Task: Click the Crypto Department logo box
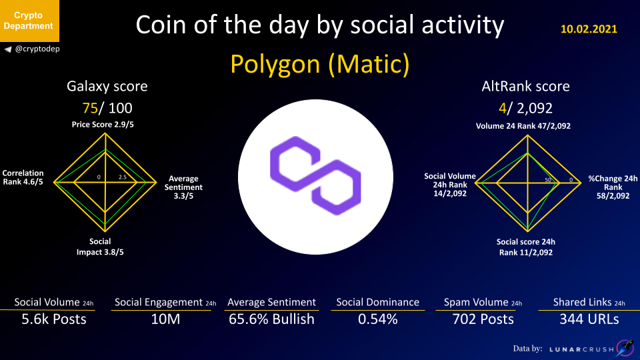[29, 21]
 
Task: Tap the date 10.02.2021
[589, 29]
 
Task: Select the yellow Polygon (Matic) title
[319, 64]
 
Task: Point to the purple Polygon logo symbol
[315, 175]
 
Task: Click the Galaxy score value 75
[90, 108]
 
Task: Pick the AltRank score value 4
[502, 108]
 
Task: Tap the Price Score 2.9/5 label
[103, 125]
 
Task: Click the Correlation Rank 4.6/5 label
[23, 177]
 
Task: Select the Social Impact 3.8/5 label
[100, 247]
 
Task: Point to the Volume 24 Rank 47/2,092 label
[523, 126]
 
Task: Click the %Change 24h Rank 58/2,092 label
[613, 187]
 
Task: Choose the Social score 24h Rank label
[526, 247]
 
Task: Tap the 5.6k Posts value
[54, 319]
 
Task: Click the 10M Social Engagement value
[165, 319]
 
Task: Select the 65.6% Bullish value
[271, 319]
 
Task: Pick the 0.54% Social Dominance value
[378, 319]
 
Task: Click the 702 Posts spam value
[483, 319]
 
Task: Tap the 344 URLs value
[589, 319]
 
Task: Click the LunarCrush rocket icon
[625, 348]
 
